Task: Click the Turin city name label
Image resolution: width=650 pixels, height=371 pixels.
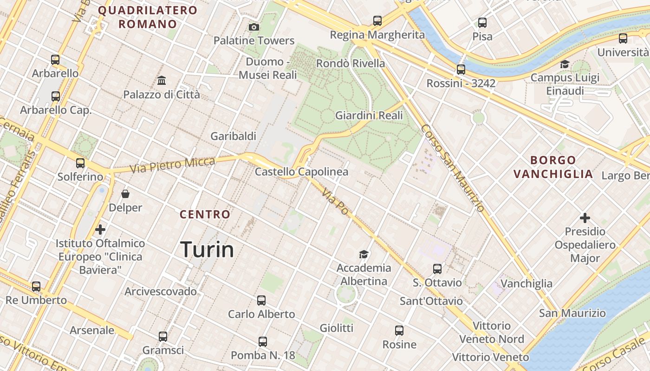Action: [207, 249]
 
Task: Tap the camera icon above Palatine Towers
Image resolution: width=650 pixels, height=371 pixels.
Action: [253, 27]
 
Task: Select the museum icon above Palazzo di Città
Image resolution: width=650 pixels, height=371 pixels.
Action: [162, 81]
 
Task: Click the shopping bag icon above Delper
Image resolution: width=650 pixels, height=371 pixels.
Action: [125, 194]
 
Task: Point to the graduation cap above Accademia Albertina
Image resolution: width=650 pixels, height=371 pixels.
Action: [364, 254]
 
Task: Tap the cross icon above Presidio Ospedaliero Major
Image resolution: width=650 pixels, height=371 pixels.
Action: [585, 217]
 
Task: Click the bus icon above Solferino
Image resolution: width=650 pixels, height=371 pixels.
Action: [80, 163]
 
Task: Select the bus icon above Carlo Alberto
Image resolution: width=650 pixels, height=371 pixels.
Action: [261, 301]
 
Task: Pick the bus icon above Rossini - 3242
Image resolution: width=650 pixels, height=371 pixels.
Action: [461, 70]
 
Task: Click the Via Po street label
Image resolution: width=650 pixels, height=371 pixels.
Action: [335, 202]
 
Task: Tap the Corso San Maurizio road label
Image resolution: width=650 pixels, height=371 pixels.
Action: [453, 168]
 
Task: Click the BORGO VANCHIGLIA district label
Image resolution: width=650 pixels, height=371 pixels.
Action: [553, 167]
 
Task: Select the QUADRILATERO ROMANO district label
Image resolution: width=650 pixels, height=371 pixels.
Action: [148, 17]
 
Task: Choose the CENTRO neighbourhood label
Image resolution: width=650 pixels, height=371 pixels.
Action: [205, 214]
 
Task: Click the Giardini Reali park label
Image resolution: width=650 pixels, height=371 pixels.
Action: [369, 115]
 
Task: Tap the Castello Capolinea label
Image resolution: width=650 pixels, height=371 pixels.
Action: [301, 172]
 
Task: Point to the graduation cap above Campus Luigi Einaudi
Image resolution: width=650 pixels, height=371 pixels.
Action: [565, 64]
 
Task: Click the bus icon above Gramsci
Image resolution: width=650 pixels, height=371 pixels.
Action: [162, 337]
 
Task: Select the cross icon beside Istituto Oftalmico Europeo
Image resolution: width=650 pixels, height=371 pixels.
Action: [100, 229]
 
